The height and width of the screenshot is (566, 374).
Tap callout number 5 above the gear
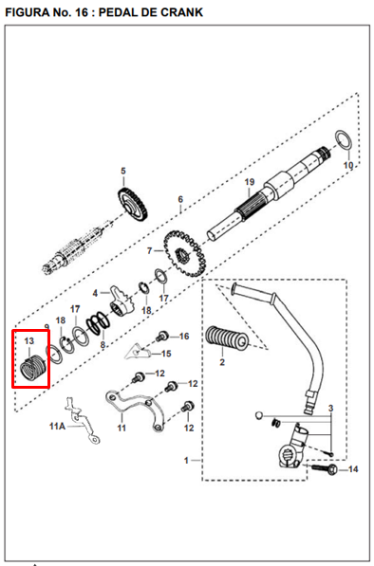point(123,171)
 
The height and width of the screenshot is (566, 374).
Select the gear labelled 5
point(133,204)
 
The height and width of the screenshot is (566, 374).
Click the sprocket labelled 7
point(184,253)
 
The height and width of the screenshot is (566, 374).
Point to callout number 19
point(250,182)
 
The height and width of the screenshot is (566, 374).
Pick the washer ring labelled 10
point(343,139)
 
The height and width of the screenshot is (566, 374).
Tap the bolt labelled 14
point(325,469)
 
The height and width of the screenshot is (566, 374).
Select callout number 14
point(353,469)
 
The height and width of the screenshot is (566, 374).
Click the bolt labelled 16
point(162,337)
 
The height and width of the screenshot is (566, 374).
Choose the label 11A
point(58,427)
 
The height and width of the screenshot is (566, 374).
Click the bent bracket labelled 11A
point(82,421)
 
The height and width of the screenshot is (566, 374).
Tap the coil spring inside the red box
point(32,367)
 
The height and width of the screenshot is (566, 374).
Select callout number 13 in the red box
point(29,340)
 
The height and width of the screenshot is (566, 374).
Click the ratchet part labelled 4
point(122,302)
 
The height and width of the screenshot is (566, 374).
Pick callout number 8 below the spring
point(103,345)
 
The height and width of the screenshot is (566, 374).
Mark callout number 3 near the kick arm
point(330,409)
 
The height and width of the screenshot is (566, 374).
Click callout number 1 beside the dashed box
point(186,460)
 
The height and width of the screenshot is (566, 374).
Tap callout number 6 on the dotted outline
point(180,199)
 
